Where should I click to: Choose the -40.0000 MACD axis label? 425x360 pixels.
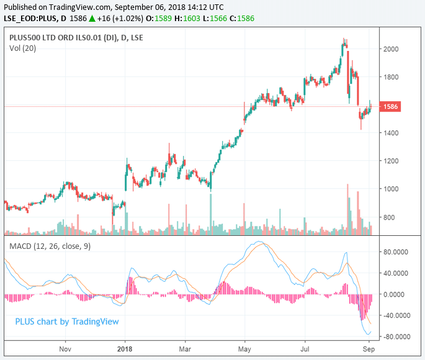[x=398, y=315]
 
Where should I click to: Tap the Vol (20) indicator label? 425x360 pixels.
[x=23, y=48]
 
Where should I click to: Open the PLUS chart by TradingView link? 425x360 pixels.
[x=66, y=322]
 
